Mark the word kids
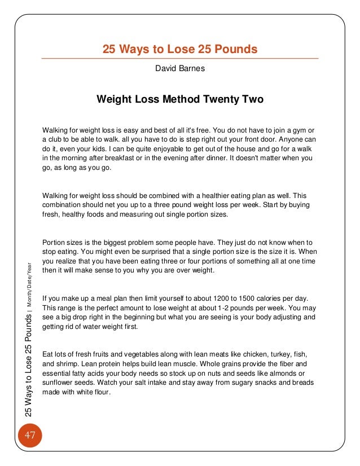point(81,148)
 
